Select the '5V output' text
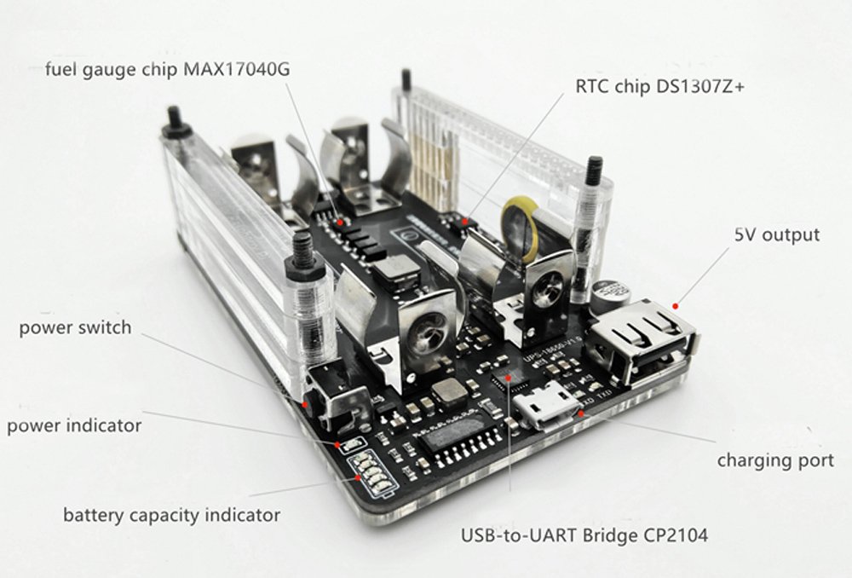pyautogui.click(x=776, y=234)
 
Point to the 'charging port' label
pyautogui.click(x=774, y=460)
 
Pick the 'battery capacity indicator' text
pyautogui.click(x=171, y=515)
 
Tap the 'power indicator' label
pyautogui.click(x=74, y=425)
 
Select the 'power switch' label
pyautogui.click(x=76, y=327)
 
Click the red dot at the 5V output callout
pyautogui.click(x=675, y=304)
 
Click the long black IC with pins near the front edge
pyautogui.click(x=456, y=439)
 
